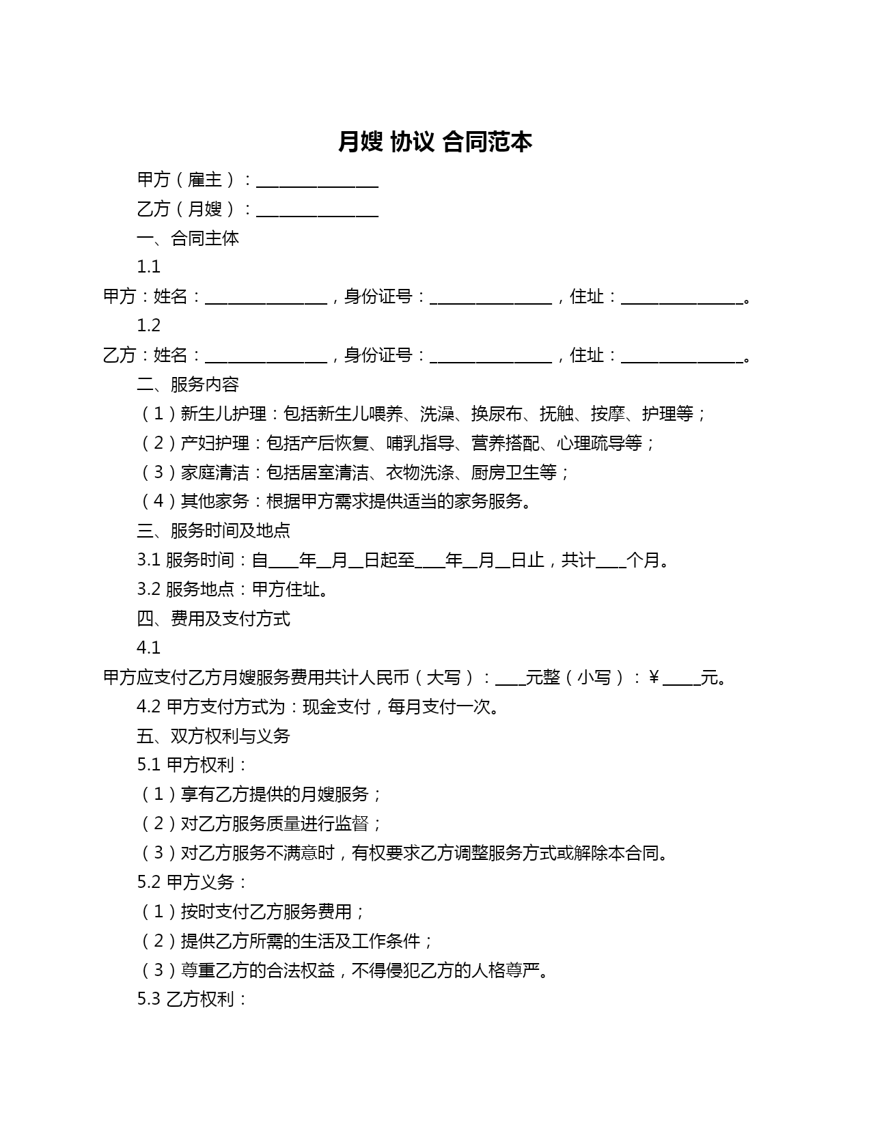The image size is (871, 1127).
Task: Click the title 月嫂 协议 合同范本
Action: click(435, 142)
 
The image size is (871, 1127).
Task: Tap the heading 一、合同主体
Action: click(188, 238)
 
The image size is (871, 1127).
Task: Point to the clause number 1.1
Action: click(148, 266)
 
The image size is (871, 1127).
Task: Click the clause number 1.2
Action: click(148, 325)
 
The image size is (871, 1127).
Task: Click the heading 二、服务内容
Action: click(188, 385)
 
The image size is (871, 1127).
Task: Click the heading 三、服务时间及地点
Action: click(213, 531)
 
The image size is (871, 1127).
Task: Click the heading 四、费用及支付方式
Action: click(213, 619)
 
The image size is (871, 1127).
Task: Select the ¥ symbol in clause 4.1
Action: click(654, 678)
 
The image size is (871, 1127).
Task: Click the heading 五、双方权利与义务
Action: click(213, 736)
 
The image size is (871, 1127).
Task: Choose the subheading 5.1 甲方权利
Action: click(192, 765)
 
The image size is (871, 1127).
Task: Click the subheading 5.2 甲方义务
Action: click(192, 882)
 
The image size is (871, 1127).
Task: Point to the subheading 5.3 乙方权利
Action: click(192, 999)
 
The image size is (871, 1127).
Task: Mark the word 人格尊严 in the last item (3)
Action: click(506, 971)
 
